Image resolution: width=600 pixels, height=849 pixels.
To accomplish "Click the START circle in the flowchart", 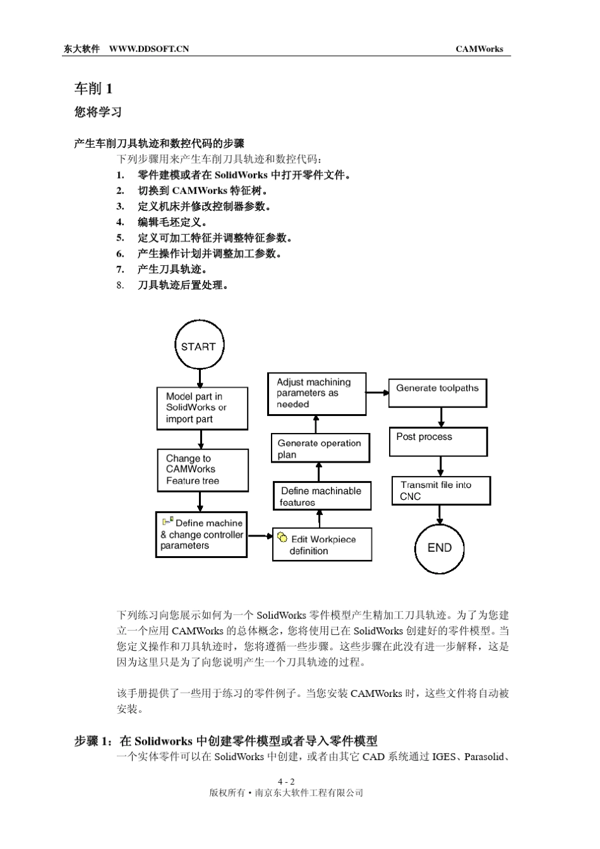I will (199, 345).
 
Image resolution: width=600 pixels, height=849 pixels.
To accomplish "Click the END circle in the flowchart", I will (440, 548).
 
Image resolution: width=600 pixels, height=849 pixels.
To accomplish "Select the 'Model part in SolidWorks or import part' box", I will (202, 408).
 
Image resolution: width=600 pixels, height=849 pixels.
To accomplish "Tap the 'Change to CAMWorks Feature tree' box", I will (203, 470).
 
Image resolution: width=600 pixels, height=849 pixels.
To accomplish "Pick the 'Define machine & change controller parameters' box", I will (201, 535).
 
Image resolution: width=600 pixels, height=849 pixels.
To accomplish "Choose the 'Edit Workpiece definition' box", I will (322, 545).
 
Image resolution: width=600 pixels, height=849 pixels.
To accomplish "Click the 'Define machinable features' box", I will (322, 496).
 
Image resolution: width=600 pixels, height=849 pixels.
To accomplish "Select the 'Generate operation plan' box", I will (320, 448).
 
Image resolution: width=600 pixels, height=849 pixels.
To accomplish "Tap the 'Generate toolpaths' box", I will (438, 393).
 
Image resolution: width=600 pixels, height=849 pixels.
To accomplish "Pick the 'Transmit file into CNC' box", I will (441, 490).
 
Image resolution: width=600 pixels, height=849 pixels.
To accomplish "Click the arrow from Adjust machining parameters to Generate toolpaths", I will (378, 393).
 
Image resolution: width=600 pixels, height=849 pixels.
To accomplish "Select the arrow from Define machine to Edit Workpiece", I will (260, 536).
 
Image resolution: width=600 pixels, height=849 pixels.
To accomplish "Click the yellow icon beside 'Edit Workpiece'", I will (282, 538).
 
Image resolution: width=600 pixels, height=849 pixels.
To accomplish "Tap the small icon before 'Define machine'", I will (167, 521).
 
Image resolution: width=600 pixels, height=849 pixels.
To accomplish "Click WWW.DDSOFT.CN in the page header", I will (149, 49).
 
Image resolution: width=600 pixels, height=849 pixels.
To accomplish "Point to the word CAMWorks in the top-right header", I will (479, 49).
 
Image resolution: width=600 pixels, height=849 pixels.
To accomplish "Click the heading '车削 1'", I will (93, 88).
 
